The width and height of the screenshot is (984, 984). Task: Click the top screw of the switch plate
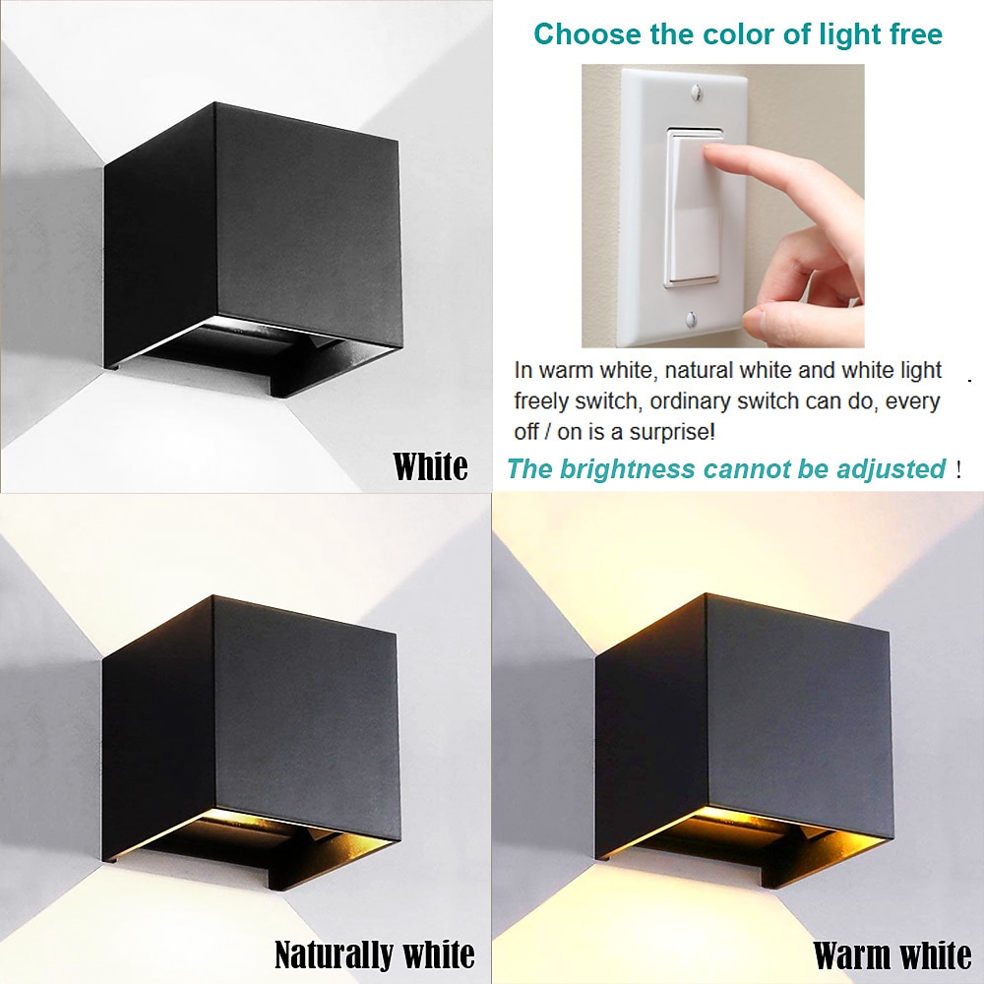[x=696, y=93]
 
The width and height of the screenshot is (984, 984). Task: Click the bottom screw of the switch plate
[x=691, y=319]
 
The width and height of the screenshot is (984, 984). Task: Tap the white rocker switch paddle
[x=694, y=207]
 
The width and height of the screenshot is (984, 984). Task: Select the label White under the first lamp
[x=431, y=466]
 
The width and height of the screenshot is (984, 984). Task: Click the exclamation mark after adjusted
[x=958, y=469]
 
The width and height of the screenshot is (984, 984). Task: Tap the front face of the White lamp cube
[x=307, y=226]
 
